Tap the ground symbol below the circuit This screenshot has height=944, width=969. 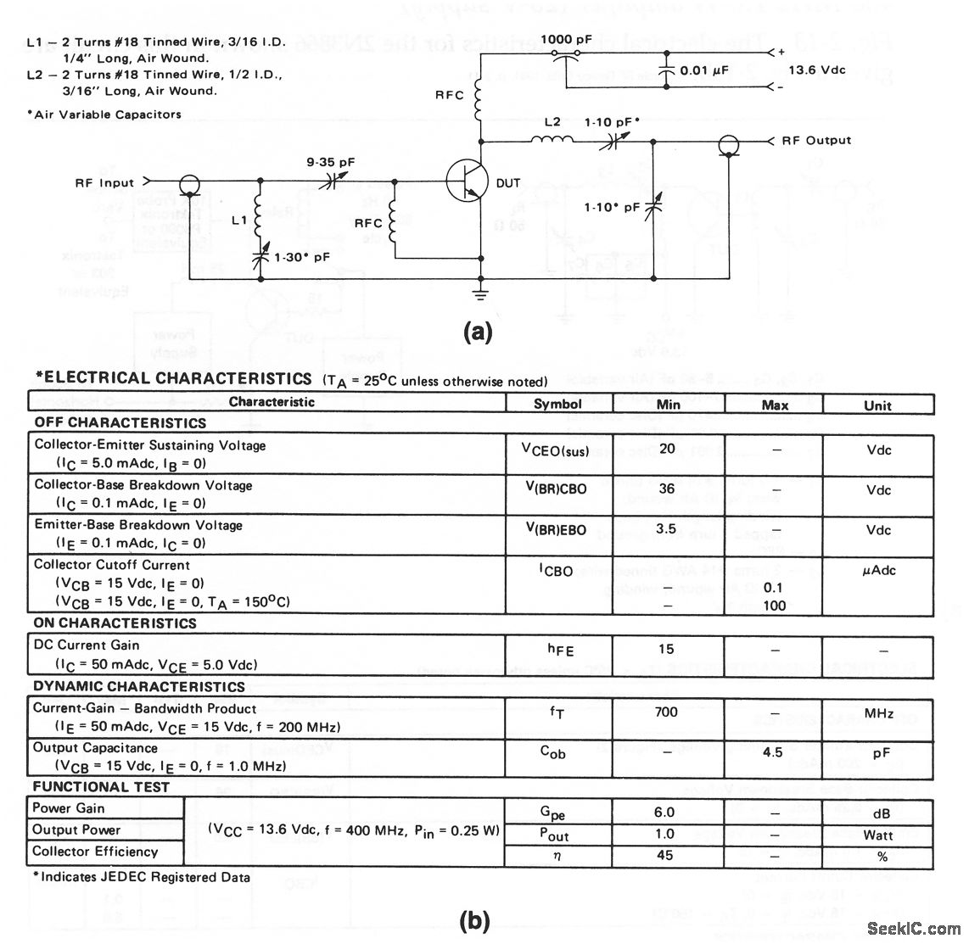point(481,295)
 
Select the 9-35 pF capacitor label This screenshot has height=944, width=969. point(332,159)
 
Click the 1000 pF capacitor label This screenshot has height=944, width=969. point(568,40)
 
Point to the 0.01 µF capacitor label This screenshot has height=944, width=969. point(706,70)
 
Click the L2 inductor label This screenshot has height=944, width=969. point(552,122)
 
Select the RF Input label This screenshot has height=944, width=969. point(104,182)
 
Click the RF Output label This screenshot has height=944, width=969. point(816,140)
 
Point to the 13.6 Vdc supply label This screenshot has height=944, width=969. point(817,70)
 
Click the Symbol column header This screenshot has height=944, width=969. point(557,405)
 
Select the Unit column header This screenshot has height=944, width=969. point(877,405)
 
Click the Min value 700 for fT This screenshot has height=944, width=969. point(666,712)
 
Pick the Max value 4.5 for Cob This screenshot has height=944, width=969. point(773,752)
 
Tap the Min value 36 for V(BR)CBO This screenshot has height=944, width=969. point(667,489)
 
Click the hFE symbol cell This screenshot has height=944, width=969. point(557,650)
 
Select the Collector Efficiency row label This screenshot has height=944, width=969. point(95,852)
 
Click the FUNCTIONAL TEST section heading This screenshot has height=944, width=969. point(101,787)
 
